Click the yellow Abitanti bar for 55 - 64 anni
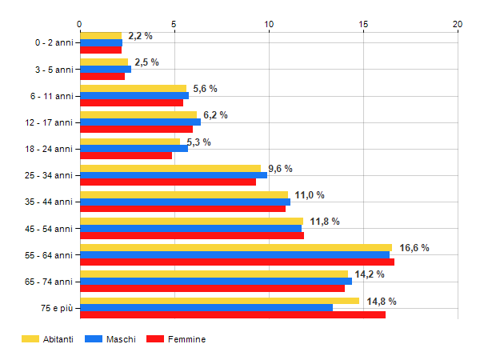pos(236,248)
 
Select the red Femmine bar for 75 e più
pos(233,314)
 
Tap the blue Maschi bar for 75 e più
pos(206,307)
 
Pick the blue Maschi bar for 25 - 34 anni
pos(174,175)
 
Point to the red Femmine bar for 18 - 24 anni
pos(126,155)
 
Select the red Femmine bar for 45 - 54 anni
pos(192,235)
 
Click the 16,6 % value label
pos(414,248)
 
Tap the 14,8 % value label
pos(382,302)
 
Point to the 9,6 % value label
pos(280,169)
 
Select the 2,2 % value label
pos(140,36)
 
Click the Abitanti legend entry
pos(48,339)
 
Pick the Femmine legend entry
pos(176,339)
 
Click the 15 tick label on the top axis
pos(363,25)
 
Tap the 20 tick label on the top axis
pos(458,25)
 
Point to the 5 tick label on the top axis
pos(174,25)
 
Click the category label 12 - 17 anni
pos(50,122)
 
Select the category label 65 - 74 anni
pos(50,281)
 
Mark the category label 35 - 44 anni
pos(50,202)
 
